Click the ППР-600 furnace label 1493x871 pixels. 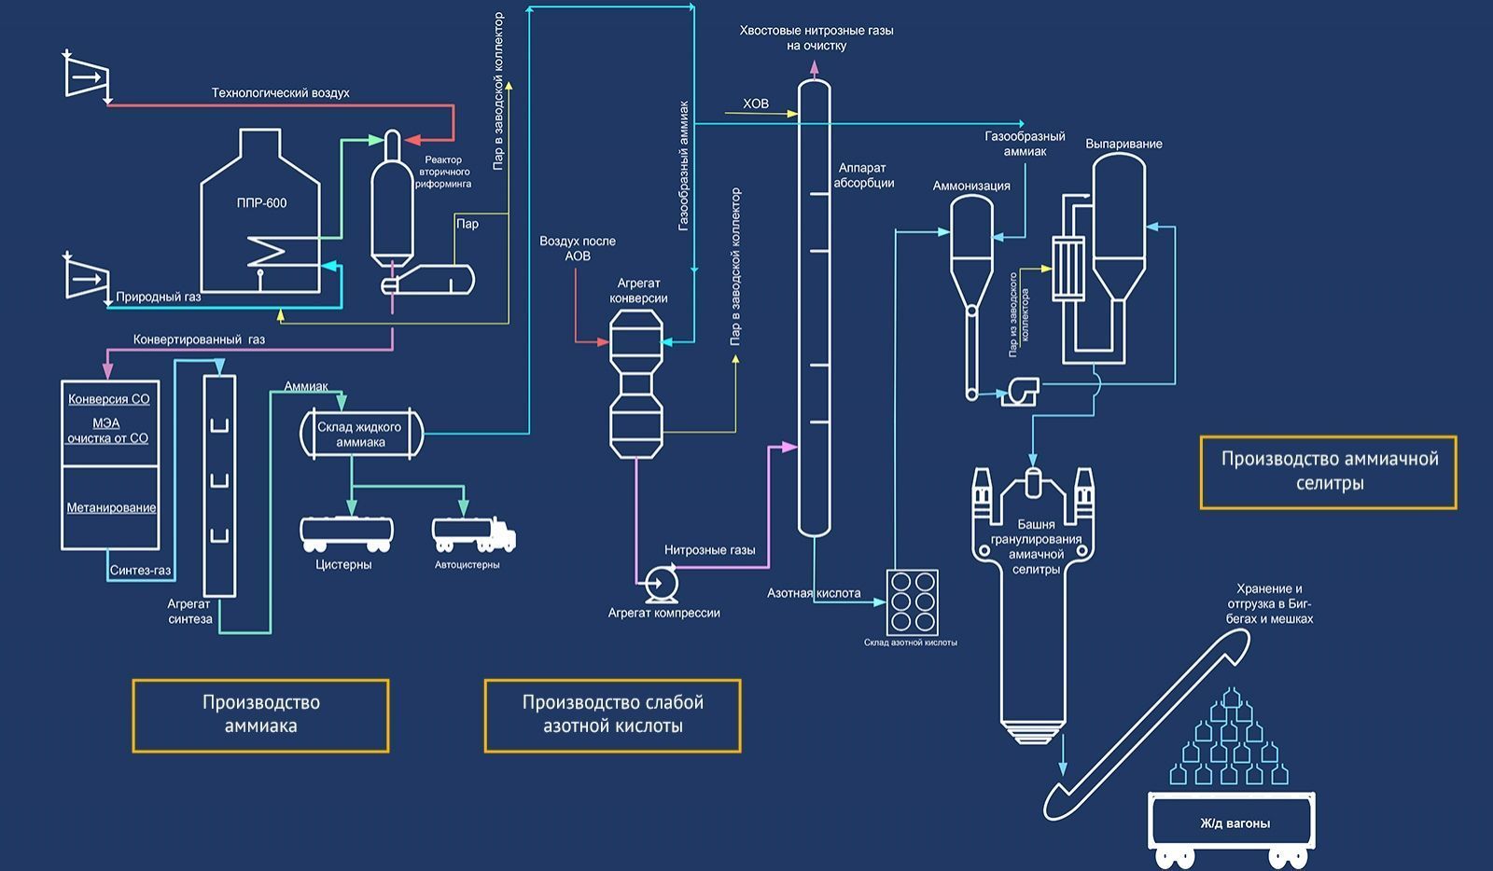tap(261, 203)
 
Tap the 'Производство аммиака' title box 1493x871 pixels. tap(260, 715)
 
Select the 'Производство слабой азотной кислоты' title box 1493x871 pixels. tap(612, 715)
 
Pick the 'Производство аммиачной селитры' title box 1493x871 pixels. tap(1329, 471)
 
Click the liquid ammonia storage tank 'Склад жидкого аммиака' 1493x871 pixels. tap(360, 435)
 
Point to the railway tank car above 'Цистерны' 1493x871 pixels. tap(346, 533)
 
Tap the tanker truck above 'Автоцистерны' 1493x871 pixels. tap(473, 534)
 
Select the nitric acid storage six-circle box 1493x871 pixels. tap(913, 601)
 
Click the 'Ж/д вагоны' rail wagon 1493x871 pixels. tap(1234, 823)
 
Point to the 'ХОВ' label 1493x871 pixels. tap(756, 104)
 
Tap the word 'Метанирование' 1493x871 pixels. tap(111, 508)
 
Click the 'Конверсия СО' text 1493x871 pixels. tap(108, 399)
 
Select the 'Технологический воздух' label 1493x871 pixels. tap(280, 93)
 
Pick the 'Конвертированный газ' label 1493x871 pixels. tap(199, 339)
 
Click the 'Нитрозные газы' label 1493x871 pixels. tap(709, 550)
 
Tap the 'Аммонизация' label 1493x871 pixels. tap(971, 186)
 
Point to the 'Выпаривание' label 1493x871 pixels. tap(1123, 144)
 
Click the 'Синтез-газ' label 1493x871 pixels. tap(141, 571)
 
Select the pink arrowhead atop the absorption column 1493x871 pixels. tap(814, 68)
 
